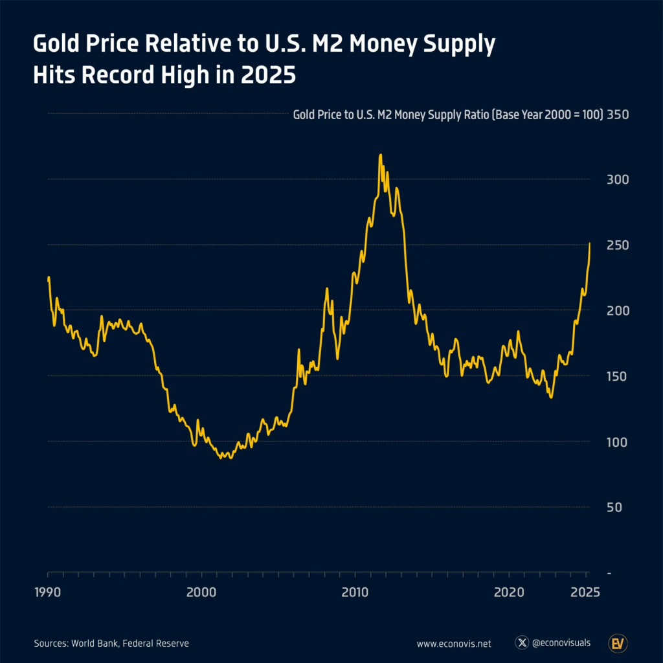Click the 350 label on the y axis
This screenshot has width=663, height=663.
coord(619,115)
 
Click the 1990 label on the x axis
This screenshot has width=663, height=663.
coord(48,592)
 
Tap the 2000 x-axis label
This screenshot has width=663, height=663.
coord(201,592)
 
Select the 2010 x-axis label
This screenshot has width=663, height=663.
coord(355,592)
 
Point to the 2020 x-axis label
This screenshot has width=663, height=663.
coord(509,592)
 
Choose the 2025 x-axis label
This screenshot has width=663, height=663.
coord(585,592)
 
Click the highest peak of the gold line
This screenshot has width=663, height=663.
coord(380,155)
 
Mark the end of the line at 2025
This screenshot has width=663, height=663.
coord(590,243)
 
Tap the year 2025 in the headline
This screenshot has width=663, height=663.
coord(267,75)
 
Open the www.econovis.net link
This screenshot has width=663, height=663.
coord(454,644)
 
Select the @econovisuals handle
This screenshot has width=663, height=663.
coord(561,643)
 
